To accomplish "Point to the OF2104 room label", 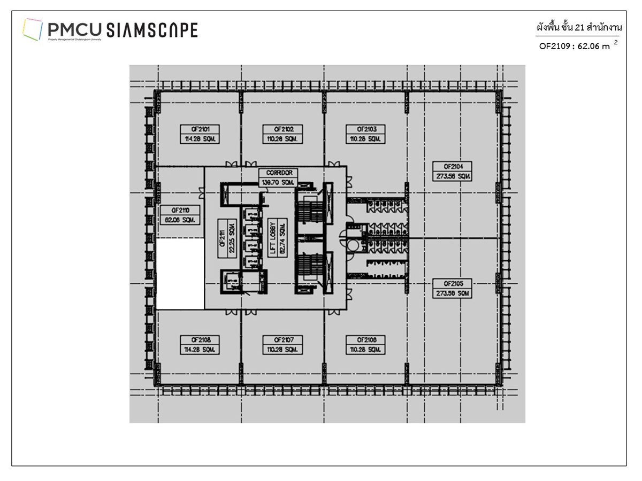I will (x=453, y=166).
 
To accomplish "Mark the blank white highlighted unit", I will (x=180, y=274).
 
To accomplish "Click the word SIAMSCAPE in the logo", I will (x=152, y=30).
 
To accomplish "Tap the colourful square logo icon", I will (x=32, y=29).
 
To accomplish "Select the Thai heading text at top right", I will (x=580, y=26).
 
